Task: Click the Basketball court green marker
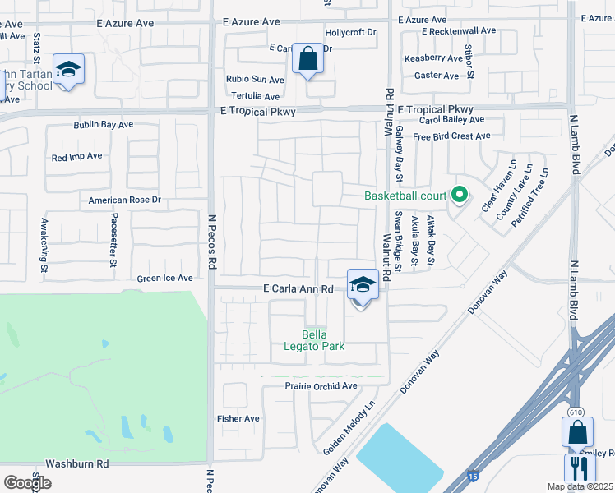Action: pos(460,196)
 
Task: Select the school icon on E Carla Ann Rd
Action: pos(363,284)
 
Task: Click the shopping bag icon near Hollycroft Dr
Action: pos(307,58)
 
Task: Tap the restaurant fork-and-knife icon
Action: pos(580,468)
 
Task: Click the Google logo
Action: pos(27,483)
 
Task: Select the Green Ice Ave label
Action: pos(164,279)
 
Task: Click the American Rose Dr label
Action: pos(124,200)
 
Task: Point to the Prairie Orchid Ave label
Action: pos(321,385)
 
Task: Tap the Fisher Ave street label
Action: pos(238,418)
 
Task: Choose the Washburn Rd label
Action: pos(77,463)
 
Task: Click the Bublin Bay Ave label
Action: pos(103,125)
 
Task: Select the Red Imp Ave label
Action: pos(76,156)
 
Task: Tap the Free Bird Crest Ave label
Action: pos(451,136)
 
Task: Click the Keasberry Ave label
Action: pos(433,58)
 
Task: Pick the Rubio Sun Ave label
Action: pos(255,80)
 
